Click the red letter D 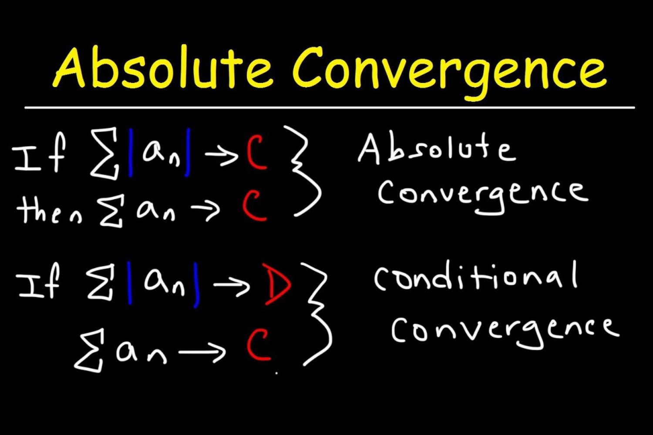tap(276, 284)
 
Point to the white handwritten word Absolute tap(437, 148)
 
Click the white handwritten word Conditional tap(476, 277)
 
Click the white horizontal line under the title tap(330, 107)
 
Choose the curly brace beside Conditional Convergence tap(317, 315)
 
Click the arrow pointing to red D tap(231, 285)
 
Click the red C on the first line tap(256, 153)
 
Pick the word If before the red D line tap(39, 281)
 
